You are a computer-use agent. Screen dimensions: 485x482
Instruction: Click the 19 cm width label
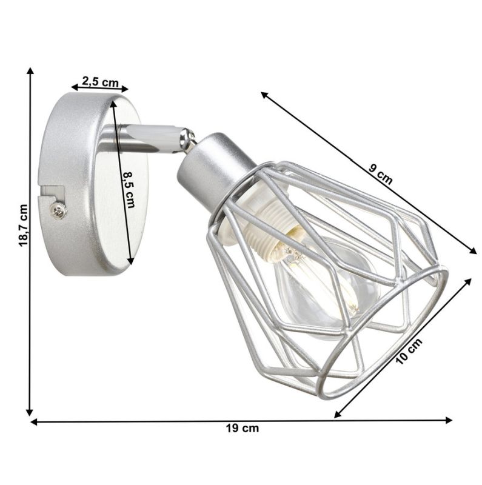point(242,429)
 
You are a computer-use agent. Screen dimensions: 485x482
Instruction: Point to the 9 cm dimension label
point(381,176)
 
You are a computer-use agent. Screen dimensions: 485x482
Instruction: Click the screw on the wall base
point(59,210)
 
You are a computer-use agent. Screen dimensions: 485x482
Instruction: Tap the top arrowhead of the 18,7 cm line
point(30,70)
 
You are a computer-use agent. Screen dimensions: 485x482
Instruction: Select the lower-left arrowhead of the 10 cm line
point(338,415)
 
